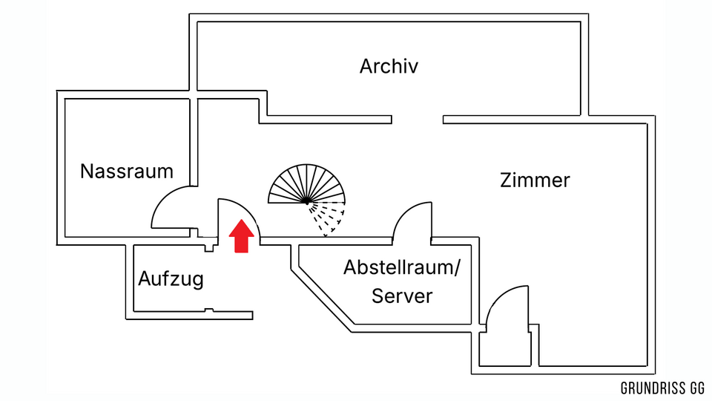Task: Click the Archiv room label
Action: click(x=389, y=66)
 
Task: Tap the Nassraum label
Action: click(x=126, y=172)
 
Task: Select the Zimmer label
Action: click(x=535, y=180)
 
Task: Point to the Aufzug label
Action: click(x=171, y=280)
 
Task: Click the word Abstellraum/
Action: click(x=401, y=267)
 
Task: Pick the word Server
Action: click(x=402, y=296)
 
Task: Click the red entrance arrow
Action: click(x=241, y=236)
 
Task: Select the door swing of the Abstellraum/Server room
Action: click(x=410, y=220)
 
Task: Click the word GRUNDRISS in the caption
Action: click(x=652, y=388)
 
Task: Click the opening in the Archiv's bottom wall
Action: click(x=417, y=119)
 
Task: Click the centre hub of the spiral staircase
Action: click(x=306, y=201)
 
